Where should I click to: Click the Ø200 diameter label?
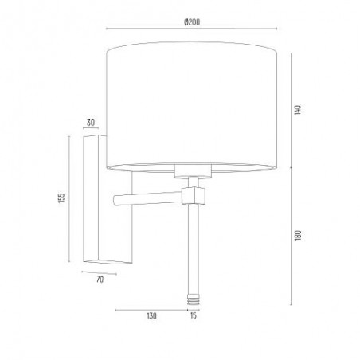(x=192, y=22)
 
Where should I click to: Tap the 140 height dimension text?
(x=298, y=110)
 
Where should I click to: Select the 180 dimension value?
(x=298, y=236)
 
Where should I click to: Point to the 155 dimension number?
(x=61, y=198)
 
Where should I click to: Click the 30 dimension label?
(x=91, y=123)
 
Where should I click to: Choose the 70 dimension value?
(x=100, y=280)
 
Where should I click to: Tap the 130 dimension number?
(x=151, y=316)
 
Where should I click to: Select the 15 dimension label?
(x=194, y=315)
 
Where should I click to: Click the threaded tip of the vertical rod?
(x=194, y=299)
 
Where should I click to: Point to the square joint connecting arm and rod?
(x=194, y=196)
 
